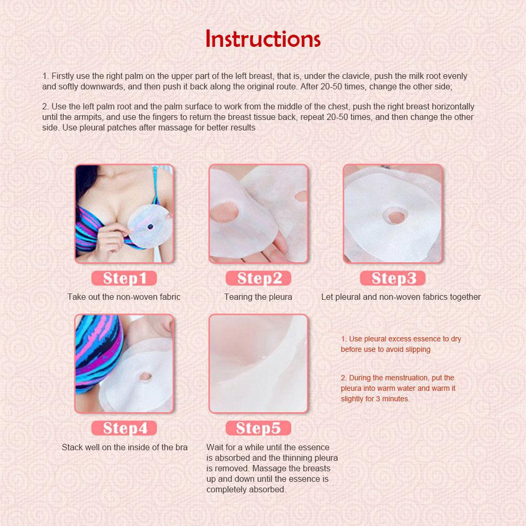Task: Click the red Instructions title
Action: [262, 39]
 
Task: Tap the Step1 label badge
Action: [124, 278]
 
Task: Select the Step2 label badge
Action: [258, 278]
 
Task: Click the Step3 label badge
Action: [392, 278]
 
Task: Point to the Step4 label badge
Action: [124, 428]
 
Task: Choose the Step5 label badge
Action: [258, 428]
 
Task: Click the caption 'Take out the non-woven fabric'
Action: [124, 297]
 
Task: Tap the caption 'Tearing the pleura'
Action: [258, 297]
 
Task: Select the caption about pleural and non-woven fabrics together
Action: [401, 297]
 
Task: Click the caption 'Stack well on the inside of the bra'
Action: [125, 448]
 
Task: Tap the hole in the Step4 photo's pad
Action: [145, 377]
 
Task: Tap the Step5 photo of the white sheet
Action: [258, 363]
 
